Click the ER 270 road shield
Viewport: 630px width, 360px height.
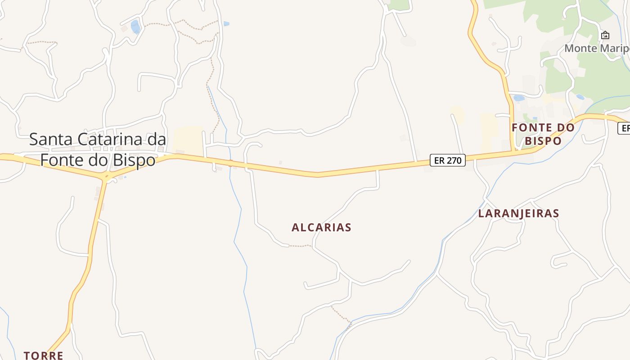447,160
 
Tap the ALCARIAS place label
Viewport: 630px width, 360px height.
321,227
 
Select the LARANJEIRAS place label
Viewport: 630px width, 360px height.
518,213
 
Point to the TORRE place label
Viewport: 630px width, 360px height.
43,355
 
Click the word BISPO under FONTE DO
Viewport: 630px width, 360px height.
543,141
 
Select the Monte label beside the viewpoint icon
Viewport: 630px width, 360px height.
580,48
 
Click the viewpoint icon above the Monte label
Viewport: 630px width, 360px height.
605,35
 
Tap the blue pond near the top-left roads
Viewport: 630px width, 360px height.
135,27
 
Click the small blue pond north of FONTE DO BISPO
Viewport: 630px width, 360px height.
519,98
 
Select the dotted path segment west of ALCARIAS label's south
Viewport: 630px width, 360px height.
300,246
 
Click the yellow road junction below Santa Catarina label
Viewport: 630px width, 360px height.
106,176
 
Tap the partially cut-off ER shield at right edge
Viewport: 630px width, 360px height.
624,128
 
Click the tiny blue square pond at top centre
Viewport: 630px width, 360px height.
226,23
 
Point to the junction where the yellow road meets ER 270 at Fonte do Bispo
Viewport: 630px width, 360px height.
513,152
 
